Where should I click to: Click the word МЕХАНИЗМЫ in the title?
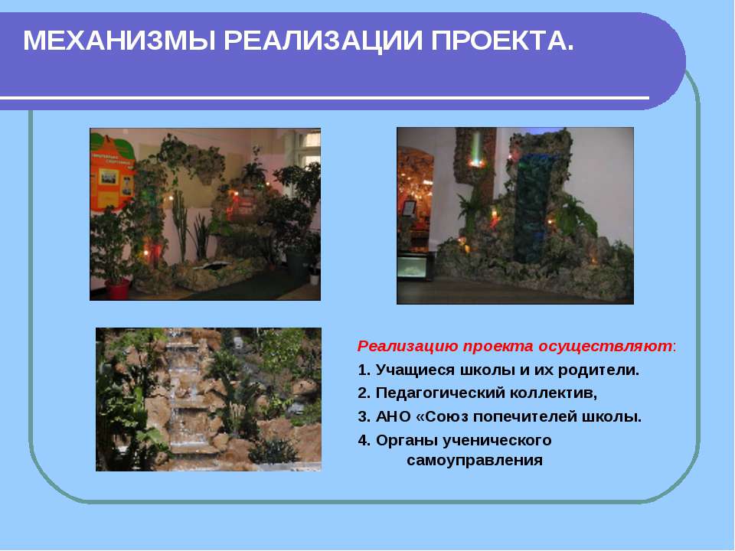(x=119, y=41)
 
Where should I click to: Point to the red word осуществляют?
(x=605, y=347)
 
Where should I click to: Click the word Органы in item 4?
(x=407, y=441)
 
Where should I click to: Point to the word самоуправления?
(x=475, y=461)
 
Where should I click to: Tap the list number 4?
(x=363, y=441)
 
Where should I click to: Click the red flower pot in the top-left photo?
(x=117, y=289)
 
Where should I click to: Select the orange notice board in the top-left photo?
(x=112, y=172)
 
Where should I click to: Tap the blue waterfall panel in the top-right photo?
(x=535, y=206)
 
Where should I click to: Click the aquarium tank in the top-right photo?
(x=414, y=266)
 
